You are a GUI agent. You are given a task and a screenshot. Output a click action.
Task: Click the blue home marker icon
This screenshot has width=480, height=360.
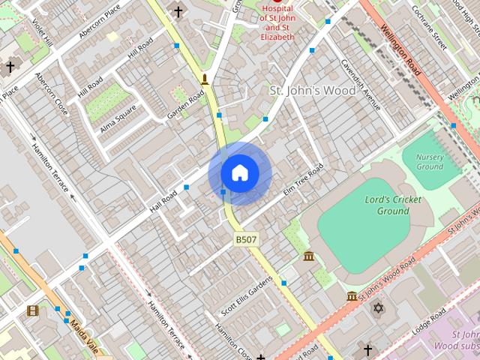point(239,173)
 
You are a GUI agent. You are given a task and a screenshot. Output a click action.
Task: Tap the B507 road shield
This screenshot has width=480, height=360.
point(246,239)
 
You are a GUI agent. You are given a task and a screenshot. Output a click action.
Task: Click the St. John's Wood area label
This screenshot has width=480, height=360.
point(312,91)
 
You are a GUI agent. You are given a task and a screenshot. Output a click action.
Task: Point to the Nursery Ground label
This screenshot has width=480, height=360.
point(429,161)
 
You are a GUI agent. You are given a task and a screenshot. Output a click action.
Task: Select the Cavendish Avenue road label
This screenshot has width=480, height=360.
point(361,84)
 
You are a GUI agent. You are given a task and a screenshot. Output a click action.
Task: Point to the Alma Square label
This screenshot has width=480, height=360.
point(118,117)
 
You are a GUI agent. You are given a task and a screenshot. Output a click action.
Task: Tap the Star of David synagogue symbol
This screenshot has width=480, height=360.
point(378,308)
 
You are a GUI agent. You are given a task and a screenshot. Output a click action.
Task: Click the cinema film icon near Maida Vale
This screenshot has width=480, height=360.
point(32,310)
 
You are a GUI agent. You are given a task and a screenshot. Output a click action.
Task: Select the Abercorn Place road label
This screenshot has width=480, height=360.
point(99,22)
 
